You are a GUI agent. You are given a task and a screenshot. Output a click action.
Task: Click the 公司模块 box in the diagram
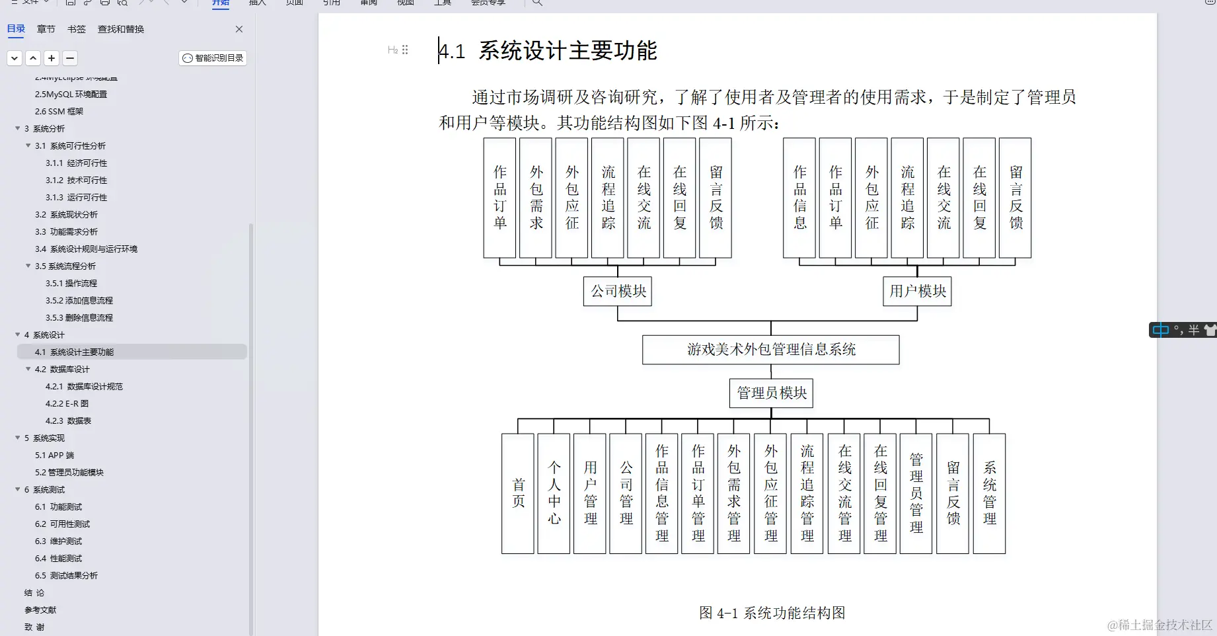[x=618, y=291]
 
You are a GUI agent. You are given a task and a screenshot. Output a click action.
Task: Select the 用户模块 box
[x=917, y=291]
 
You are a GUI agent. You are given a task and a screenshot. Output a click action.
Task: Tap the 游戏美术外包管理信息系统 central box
[x=770, y=350]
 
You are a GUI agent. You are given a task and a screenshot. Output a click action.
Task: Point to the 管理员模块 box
[x=771, y=393]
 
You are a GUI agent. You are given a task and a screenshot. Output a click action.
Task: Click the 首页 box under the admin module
[x=518, y=493]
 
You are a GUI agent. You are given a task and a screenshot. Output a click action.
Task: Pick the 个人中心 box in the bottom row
[x=554, y=493]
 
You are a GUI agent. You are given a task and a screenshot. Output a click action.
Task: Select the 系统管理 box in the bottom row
[x=989, y=493]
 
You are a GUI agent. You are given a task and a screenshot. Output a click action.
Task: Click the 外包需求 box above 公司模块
[x=536, y=198]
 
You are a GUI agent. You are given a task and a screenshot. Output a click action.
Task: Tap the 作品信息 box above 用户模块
[x=799, y=198]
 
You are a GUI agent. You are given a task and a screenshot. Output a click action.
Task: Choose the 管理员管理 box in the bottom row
[x=916, y=493]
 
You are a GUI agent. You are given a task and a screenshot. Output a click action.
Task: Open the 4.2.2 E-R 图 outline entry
[x=67, y=404]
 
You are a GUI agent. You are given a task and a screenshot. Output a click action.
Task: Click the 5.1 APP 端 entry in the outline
[x=54, y=456]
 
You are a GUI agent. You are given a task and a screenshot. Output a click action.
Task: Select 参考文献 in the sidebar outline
[x=40, y=610]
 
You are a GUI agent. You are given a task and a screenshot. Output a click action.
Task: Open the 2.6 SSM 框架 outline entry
[x=59, y=112]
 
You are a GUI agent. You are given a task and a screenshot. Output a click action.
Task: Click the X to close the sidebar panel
[x=239, y=29]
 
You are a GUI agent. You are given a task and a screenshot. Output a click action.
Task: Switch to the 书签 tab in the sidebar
[x=77, y=29]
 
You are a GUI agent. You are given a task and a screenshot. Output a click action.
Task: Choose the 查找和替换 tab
[x=121, y=29]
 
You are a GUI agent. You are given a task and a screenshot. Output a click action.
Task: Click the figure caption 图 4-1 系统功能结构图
[x=772, y=613]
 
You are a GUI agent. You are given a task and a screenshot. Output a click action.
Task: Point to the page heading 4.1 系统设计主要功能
[x=548, y=51]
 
